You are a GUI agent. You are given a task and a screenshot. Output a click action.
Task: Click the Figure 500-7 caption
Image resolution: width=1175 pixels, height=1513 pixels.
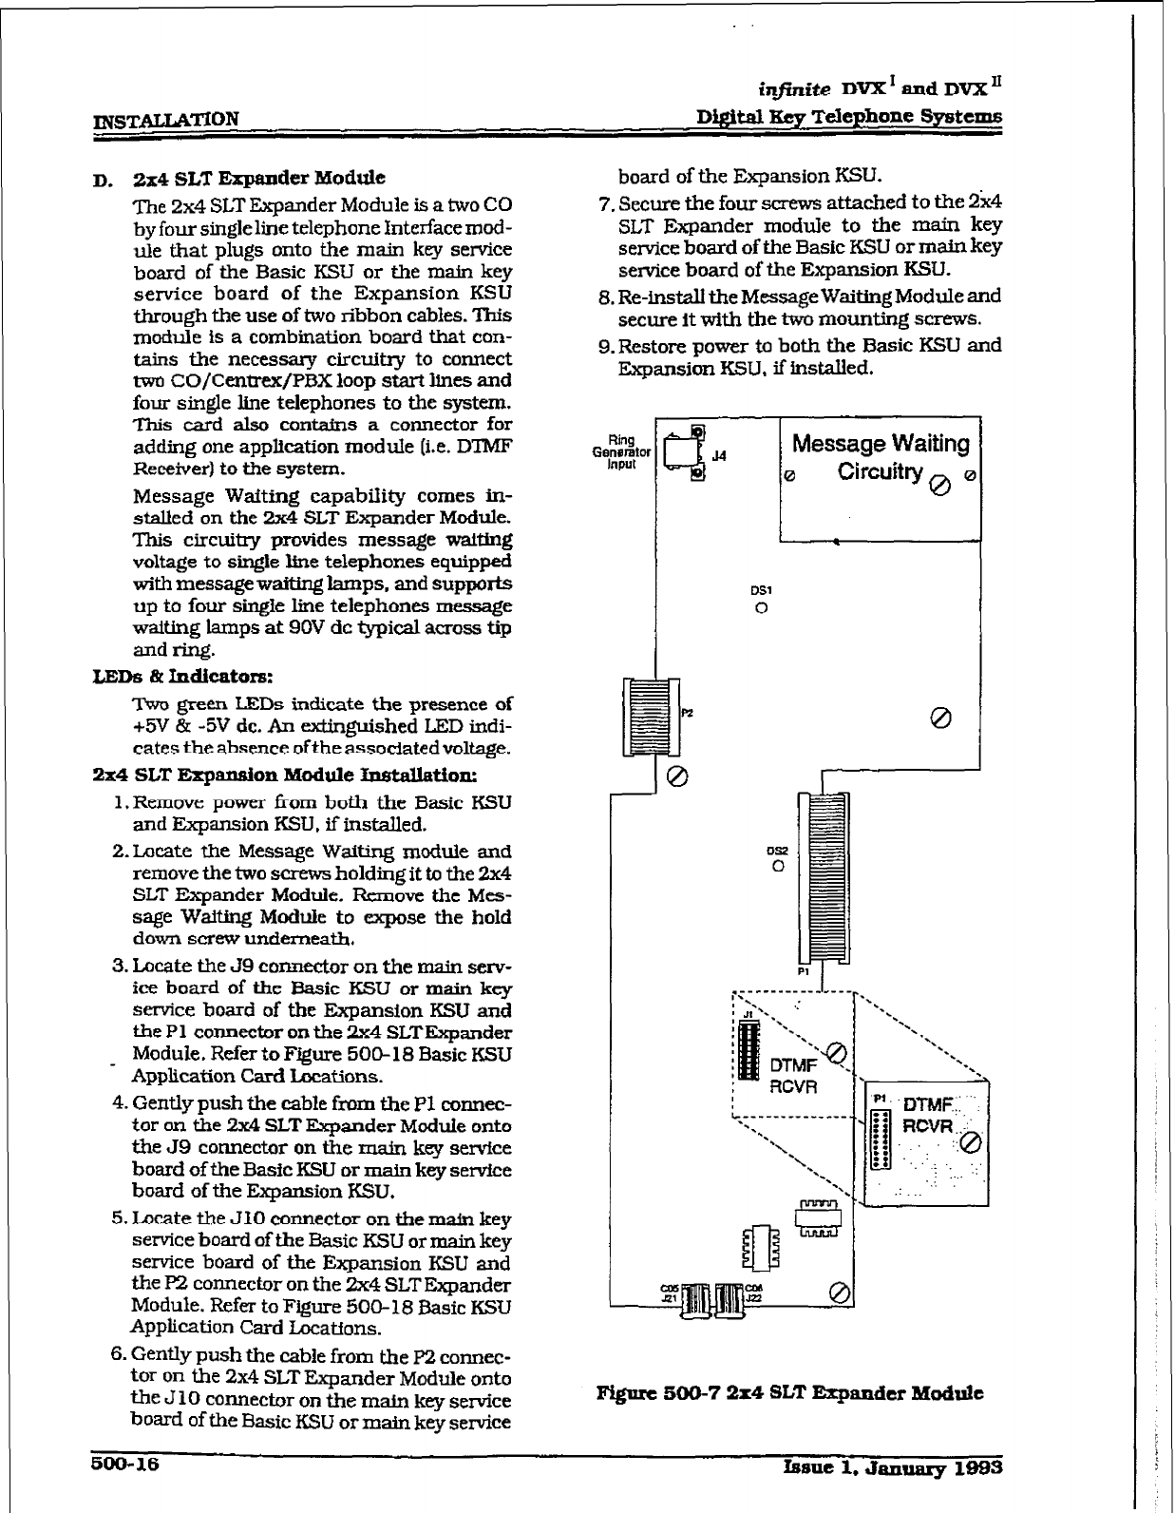click(x=788, y=1393)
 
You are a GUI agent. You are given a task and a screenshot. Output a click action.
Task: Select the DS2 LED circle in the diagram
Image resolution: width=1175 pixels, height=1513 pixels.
click(x=778, y=867)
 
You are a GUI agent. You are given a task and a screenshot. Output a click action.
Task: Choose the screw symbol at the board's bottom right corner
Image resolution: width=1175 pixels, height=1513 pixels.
click(x=839, y=1292)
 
